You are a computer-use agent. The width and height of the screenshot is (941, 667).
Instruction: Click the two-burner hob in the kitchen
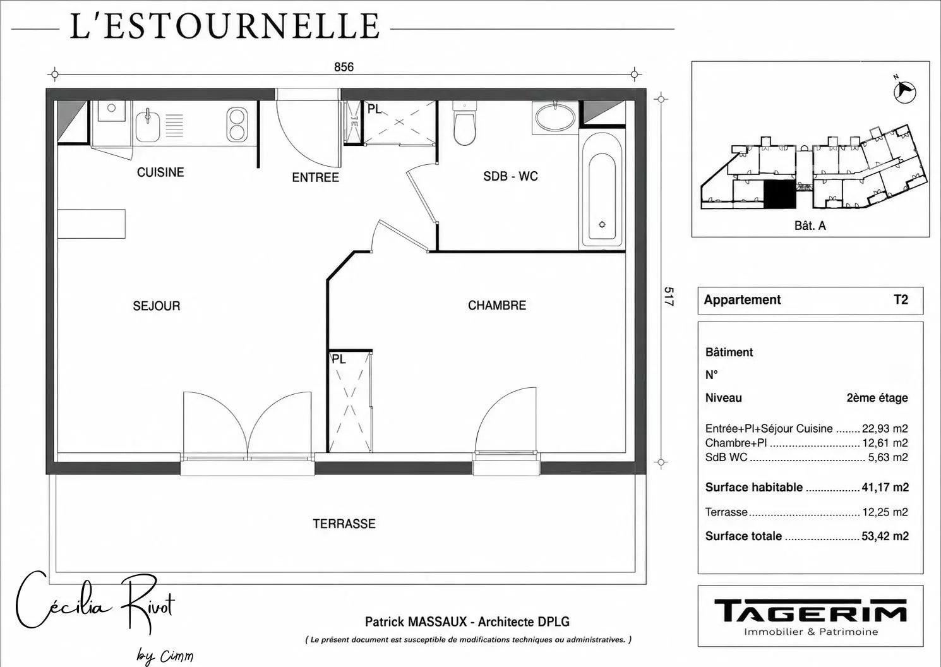[x=237, y=124]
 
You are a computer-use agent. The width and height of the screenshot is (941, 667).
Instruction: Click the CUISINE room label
[x=160, y=172]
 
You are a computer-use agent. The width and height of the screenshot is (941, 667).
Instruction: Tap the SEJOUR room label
[x=156, y=306]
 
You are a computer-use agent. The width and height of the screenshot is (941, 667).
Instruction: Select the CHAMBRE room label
[x=497, y=305]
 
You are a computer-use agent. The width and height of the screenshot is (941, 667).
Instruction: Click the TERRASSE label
[x=344, y=524]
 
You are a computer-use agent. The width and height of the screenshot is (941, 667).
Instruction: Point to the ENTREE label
[x=316, y=177]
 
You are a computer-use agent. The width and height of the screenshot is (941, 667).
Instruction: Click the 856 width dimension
[x=344, y=67]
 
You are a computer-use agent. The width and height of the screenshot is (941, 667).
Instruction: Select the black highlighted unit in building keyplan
[x=780, y=195]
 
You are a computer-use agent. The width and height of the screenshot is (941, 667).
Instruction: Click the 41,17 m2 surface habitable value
[x=885, y=487]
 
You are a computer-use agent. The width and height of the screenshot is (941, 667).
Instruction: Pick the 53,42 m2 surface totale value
[x=885, y=536]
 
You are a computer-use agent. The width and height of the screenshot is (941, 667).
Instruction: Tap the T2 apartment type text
[x=901, y=299]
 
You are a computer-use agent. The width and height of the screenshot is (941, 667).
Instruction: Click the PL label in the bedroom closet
[x=339, y=359]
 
